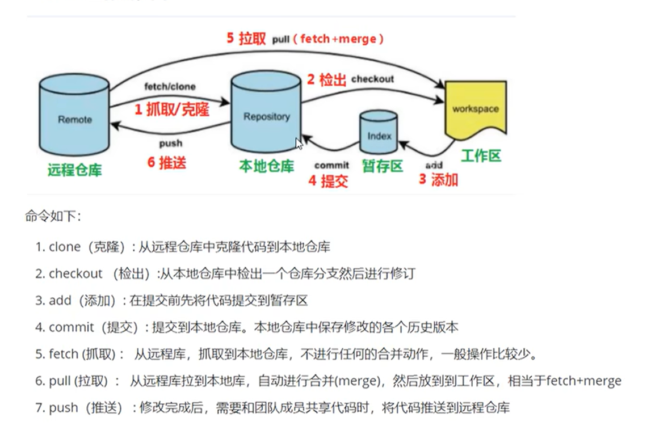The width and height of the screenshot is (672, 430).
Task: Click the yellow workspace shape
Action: point(475,109)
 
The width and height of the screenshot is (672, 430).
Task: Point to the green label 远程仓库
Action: point(74,169)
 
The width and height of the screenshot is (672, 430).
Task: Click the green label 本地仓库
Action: point(266,166)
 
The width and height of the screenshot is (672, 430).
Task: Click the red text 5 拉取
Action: point(246,39)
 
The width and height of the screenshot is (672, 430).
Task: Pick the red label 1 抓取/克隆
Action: point(171,109)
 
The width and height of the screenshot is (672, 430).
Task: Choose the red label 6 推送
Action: point(166,162)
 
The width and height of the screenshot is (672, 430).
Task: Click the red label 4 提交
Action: point(328,181)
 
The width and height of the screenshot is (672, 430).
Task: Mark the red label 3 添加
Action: point(438,180)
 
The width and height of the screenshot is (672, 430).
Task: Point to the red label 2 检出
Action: point(326,79)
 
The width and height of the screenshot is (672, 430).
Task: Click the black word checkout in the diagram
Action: point(372,79)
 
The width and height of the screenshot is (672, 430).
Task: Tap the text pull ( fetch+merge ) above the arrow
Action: point(328,39)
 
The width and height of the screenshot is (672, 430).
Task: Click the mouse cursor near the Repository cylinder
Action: point(299,144)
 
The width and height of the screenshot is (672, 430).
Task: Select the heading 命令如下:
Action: point(53,216)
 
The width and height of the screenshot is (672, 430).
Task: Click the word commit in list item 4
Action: point(72,327)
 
